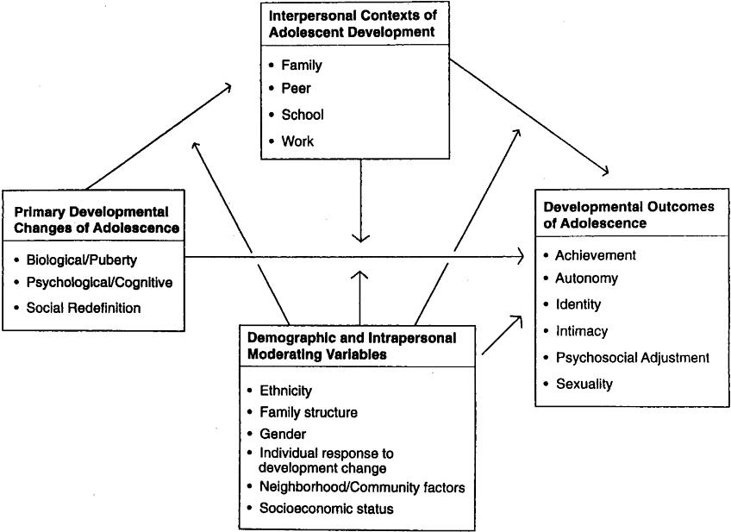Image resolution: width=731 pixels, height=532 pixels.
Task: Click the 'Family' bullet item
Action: click(301, 65)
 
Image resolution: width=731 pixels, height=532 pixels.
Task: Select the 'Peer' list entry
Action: click(296, 89)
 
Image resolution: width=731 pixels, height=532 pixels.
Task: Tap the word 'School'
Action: click(303, 114)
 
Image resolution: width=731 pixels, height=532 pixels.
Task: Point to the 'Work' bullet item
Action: click(297, 140)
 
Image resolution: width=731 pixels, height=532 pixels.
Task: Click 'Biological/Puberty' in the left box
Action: click(81, 259)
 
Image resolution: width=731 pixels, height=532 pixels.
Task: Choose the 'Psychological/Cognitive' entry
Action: click(99, 282)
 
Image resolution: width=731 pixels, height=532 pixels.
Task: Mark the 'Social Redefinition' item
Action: click(83, 307)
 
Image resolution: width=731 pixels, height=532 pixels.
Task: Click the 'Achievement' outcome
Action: click(595, 255)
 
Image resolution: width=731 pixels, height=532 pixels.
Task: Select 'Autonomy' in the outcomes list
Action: click(586, 279)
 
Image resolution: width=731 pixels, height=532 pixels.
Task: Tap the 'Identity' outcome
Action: click(578, 304)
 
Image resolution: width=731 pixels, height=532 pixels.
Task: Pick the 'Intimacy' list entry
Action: click(581, 331)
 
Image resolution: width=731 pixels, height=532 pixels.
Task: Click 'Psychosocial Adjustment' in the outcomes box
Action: click(632, 357)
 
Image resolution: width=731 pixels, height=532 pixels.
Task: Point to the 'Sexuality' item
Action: click(584, 384)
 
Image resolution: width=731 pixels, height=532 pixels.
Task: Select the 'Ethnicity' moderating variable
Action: click(285, 391)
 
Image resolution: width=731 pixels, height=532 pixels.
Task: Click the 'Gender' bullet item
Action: click(282, 434)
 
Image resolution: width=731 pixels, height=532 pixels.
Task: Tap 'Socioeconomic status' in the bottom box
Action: click(326, 509)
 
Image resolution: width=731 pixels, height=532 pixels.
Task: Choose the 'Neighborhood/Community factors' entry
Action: click(362, 487)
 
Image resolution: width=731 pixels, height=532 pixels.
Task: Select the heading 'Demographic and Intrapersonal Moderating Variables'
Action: click(352, 346)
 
